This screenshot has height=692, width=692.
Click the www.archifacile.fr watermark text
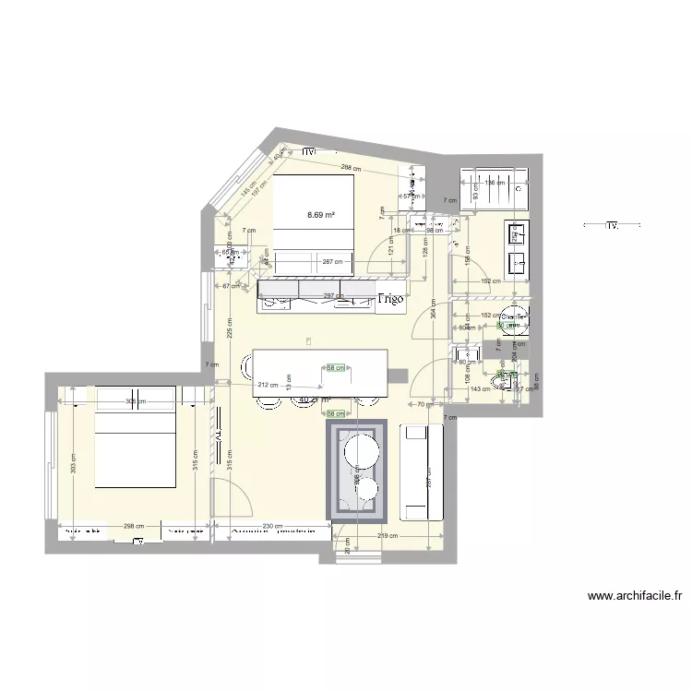click(x=634, y=596)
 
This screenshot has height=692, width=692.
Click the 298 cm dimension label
click(x=134, y=526)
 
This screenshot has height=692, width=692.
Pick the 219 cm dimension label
click(x=387, y=535)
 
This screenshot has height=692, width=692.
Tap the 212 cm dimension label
click(x=268, y=385)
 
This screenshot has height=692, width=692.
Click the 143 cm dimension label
click(x=481, y=389)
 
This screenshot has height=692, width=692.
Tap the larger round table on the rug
click(x=359, y=451)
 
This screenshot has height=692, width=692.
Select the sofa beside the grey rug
click(x=423, y=471)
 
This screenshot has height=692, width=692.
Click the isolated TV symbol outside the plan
click(x=611, y=224)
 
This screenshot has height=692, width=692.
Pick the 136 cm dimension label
click(x=495, y=183)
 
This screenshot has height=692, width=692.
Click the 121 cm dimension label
click(x=391, y=250)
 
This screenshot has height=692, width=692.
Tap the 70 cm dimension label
click(x=424, y=404)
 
